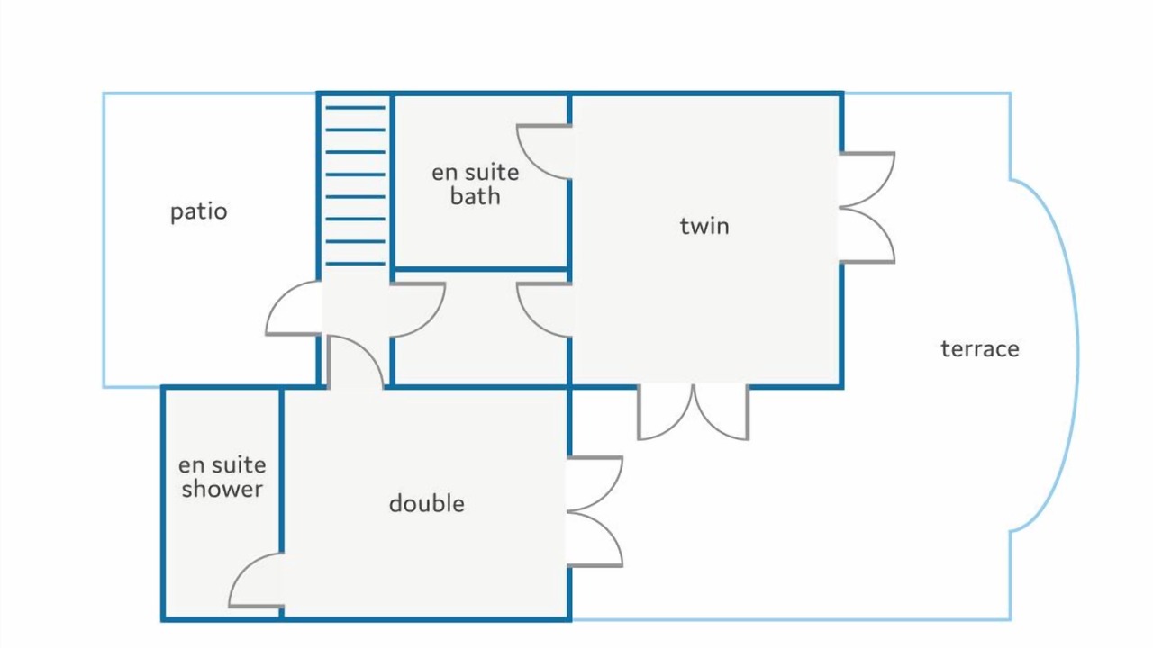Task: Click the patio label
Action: point(199,211)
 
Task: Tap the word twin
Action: point(704,226)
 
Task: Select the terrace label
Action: point(980,349)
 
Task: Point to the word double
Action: point(427,503)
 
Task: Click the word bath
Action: point(475,196)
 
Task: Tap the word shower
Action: point(222,489)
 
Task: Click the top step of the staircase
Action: point(355,108)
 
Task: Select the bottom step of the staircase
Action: point(355,264)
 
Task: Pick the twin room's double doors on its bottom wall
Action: point(694,411)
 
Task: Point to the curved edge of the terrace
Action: point(1076,355)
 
